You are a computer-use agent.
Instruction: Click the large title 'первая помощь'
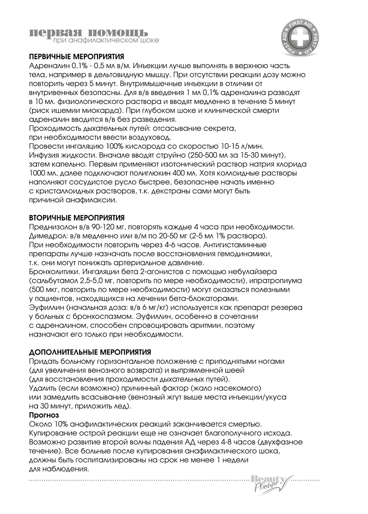tap(88, 32)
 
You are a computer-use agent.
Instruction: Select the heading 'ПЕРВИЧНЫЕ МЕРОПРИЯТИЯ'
tap(77, 57)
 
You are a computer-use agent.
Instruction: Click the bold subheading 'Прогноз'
tap(44, 415)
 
